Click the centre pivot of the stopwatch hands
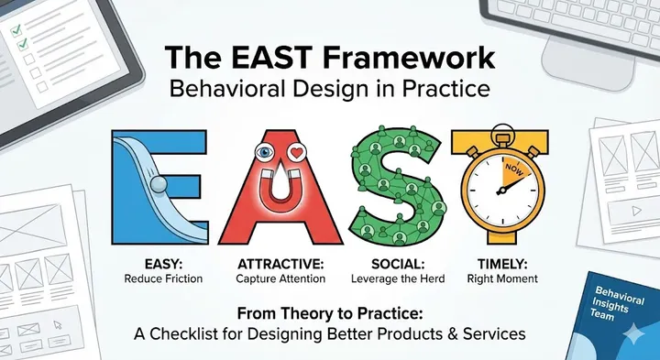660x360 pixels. click(500, 191)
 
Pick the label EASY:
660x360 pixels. click(159, 261)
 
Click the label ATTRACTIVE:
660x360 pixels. click(276, 261)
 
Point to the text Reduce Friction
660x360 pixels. click(159, 277)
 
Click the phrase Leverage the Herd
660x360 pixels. click(393, 277)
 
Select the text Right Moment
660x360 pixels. click(501, 277)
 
